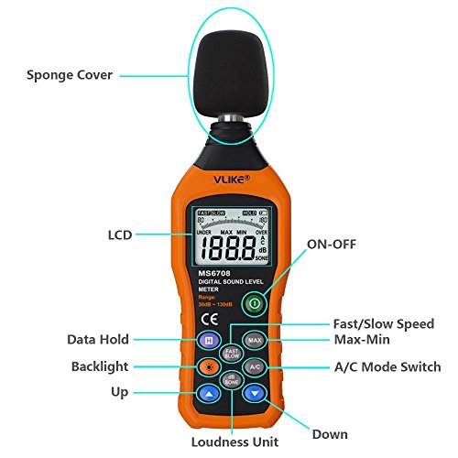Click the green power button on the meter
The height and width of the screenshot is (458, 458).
[256, 303]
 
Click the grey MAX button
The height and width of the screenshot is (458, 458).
[256, 341]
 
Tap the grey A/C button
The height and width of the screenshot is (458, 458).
[256, 366]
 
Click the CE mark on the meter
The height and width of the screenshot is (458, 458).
[207, 320]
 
